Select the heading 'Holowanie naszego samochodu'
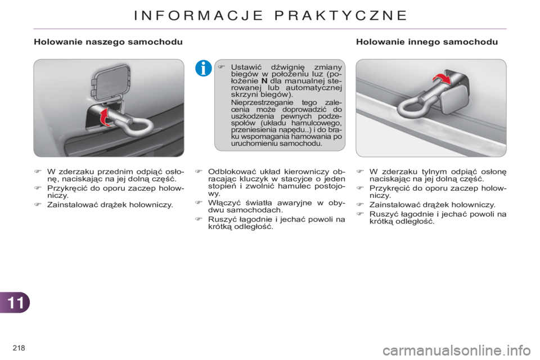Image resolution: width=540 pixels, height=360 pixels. tap(107, 42)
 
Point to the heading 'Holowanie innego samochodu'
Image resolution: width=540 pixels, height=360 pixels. tap(426, 42)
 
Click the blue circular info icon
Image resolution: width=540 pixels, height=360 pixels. tap(203, 70)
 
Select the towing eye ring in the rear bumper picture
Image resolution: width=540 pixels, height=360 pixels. tap(415, 109)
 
